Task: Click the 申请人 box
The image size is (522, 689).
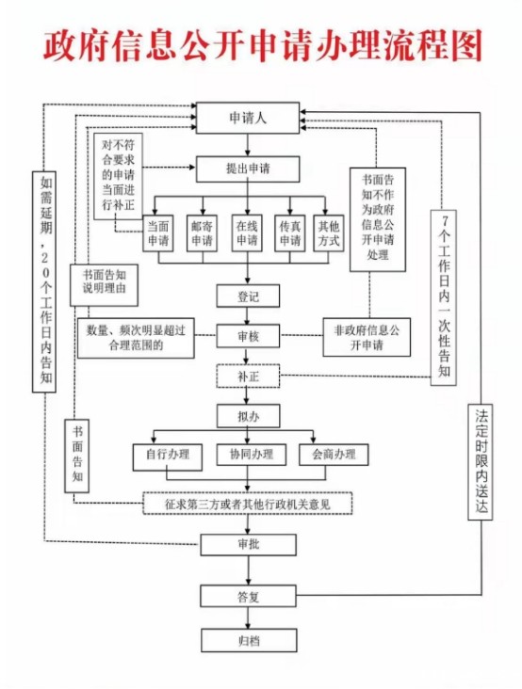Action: point(248,118)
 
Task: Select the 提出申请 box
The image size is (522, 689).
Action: point(248,168)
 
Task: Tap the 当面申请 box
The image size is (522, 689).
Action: point(158,233)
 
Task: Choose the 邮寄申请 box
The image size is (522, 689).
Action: point(202,233)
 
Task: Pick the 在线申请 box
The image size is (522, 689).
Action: point(247,233)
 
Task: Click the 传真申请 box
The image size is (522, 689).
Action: point(290,233)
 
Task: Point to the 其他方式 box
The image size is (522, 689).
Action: point(329,233)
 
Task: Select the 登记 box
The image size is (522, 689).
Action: point(248,296)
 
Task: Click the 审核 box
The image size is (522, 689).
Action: point(248,336)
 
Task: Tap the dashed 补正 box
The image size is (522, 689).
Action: point(248,377)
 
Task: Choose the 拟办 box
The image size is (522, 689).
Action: point(248,416)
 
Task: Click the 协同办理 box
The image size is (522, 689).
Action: point(252,455)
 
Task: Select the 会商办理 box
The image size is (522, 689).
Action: point(334,455)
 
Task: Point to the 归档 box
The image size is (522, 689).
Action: point(249,640)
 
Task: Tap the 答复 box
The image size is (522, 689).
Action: point(248,596)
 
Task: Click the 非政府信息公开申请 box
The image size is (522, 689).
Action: point(367,337)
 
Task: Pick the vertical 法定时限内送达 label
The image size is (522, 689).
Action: point(480,462)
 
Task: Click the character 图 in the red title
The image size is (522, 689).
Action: point(466,45)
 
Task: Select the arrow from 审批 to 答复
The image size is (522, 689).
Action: point(248,569)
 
